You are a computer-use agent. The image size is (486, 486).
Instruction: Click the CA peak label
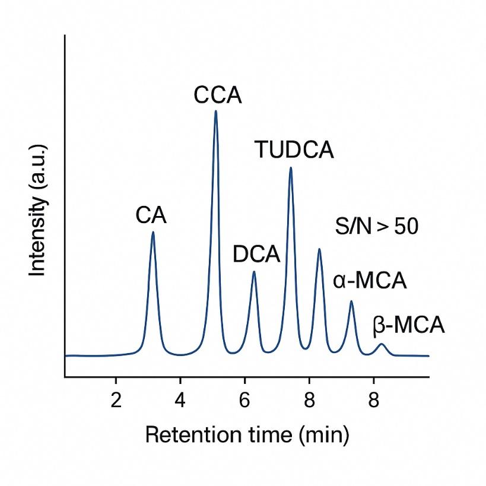pos(151,215)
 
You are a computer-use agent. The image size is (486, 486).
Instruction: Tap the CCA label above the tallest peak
pos(218,95)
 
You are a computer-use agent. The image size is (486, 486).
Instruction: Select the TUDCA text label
pos(294,150)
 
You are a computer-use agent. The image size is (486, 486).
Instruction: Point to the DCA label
pos(256,255)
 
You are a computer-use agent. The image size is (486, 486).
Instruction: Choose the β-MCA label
pos(409,326)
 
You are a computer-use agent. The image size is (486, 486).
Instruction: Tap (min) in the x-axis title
pos(323,436)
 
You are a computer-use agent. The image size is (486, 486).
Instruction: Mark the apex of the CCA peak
pos(215,111)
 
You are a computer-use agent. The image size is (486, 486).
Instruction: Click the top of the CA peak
pos(153,232)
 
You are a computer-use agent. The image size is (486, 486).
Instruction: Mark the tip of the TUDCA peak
pos(291,168)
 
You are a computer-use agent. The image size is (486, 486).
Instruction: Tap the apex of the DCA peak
pos(254,272)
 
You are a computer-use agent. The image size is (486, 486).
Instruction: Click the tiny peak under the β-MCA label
pos(382,344)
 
